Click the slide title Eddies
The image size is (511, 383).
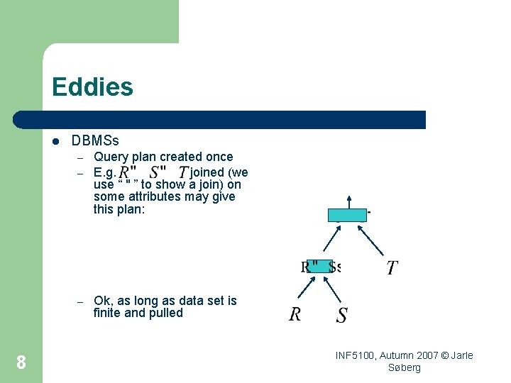(x=92, y=87)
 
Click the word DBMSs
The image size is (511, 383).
(x=95, y=141)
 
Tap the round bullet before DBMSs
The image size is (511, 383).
(x=57, y=142)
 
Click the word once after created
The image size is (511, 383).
(x=219, y=157)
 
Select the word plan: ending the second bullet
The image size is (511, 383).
(x=128, y=209)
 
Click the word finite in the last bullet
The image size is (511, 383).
(x=108, y=313)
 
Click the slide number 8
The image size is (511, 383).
(x=21, y=363)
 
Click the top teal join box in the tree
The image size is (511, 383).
(x=347, y=215)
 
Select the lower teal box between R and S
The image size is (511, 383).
(x=320, y=267)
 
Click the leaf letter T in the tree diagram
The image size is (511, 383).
(x=391, y=268)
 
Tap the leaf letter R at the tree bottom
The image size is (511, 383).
(x=295, y=314)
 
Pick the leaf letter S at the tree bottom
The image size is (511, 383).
(x=341, y=315)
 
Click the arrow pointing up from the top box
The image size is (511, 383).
(x=348, y=201)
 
